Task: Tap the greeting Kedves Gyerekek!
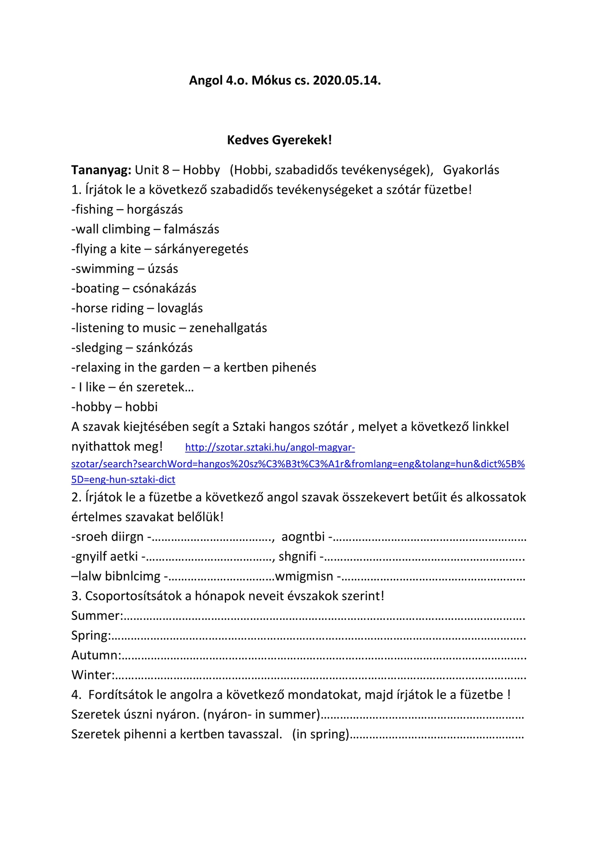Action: click(x=280, y=140)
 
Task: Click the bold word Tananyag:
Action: click(x=101, y=170)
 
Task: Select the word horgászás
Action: click(x=155, y=210)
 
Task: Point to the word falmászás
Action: click(x=192, y=229)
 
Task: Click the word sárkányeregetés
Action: click(x=201, y=249)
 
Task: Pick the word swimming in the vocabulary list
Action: click(x=105, y=269)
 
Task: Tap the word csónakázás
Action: click(x=164, y=289)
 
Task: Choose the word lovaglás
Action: click(x=180, y=308)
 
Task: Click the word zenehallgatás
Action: click(x=228, y=328)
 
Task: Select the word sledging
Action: click(x=99, y=348)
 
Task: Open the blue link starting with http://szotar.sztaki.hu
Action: click(x=270, y=447)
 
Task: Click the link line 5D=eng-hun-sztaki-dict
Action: click(x=123, y=480)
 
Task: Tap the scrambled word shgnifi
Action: click(x=297, y=556)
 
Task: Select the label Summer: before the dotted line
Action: click(x=97, y=616)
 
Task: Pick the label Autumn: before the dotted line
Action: click(x=96, y=655)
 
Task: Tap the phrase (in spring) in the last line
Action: click(x=321, y=734)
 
